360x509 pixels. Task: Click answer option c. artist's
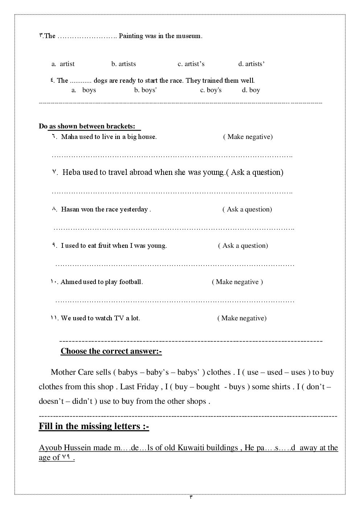point(191,64)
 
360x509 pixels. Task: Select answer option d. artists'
point(251,64)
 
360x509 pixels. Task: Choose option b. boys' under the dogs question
point(145,90)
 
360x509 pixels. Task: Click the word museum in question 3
point(188,36)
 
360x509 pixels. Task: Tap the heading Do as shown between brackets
point(90,126)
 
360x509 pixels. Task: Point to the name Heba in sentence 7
point(71,172)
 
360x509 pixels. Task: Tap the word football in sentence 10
point(131,282)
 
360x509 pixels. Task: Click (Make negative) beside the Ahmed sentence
point(237,282)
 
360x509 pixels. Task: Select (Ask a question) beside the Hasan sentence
point(247,209)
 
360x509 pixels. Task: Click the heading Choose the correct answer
point(111,351)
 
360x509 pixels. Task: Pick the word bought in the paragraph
point(208,387)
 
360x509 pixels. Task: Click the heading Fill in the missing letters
point(94,426)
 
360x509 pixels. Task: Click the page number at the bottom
point(191,497)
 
